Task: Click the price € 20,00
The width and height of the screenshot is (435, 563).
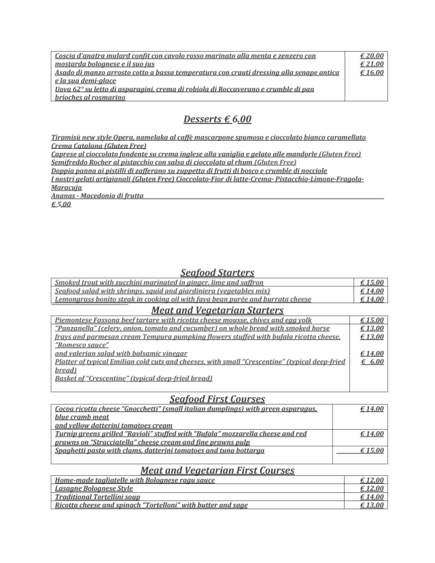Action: pos(372,55)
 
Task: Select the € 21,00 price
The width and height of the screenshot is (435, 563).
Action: pos(372,64)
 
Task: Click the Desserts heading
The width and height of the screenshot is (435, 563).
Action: pos(217,119)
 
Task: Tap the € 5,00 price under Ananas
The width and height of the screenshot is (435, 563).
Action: pos(60,204)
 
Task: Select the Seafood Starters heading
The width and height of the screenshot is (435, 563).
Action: pos(217,272)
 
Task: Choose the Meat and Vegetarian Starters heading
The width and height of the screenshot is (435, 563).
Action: pos(217,309)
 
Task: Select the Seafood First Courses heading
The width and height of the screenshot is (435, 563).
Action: pos(217,398)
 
